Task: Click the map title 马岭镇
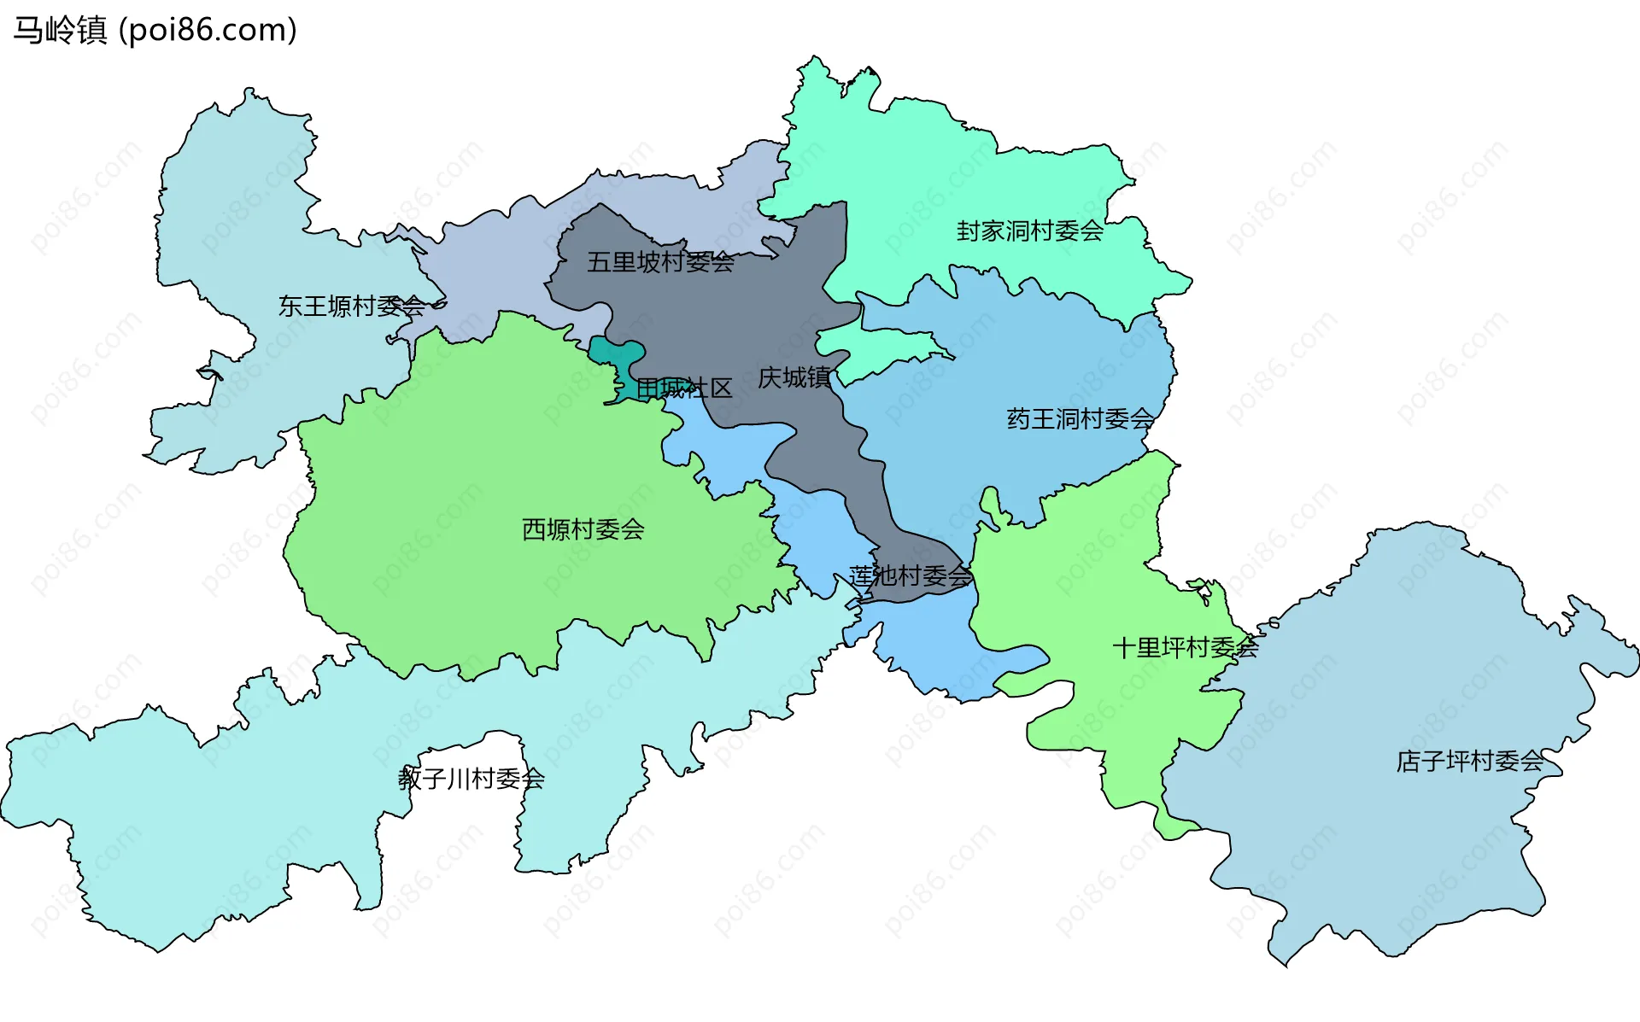[60, 31]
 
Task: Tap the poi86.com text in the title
[208, 31]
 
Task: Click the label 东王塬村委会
[351, 306]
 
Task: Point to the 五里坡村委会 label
[660, 262]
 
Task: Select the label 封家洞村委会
[1029, 231]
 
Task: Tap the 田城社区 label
[684, 389]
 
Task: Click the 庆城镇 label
[794, 377]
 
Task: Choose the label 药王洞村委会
[1080, 419]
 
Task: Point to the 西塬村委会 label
[583, 529]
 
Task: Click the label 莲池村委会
[911, 576]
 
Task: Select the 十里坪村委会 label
[1185, 648]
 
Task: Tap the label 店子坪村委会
[1469, 761]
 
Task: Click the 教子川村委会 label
[471, 779]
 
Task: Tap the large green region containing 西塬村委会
[478, 478]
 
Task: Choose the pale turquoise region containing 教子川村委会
[214, 811]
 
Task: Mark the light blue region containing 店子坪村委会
[1401, 854]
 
